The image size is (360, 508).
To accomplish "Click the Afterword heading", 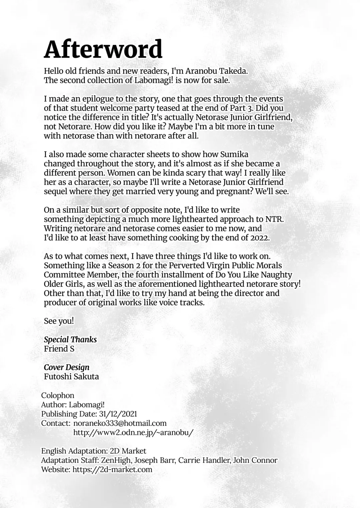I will coord(103,49).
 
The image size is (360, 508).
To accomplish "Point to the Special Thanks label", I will coord(70,339).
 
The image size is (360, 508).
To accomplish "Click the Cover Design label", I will coord(67,367).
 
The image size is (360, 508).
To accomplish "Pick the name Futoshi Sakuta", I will coord(71,376).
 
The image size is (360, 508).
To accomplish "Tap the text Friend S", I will coord(59,349).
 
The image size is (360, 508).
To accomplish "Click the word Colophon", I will coord(58,395).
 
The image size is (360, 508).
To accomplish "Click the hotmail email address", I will coord(120,423).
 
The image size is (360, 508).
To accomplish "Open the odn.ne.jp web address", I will coord(133,432).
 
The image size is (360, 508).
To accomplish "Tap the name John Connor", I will coord(255,460).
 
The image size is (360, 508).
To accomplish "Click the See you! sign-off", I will coord(59,321).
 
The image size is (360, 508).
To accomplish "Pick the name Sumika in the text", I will coord(234,154).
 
